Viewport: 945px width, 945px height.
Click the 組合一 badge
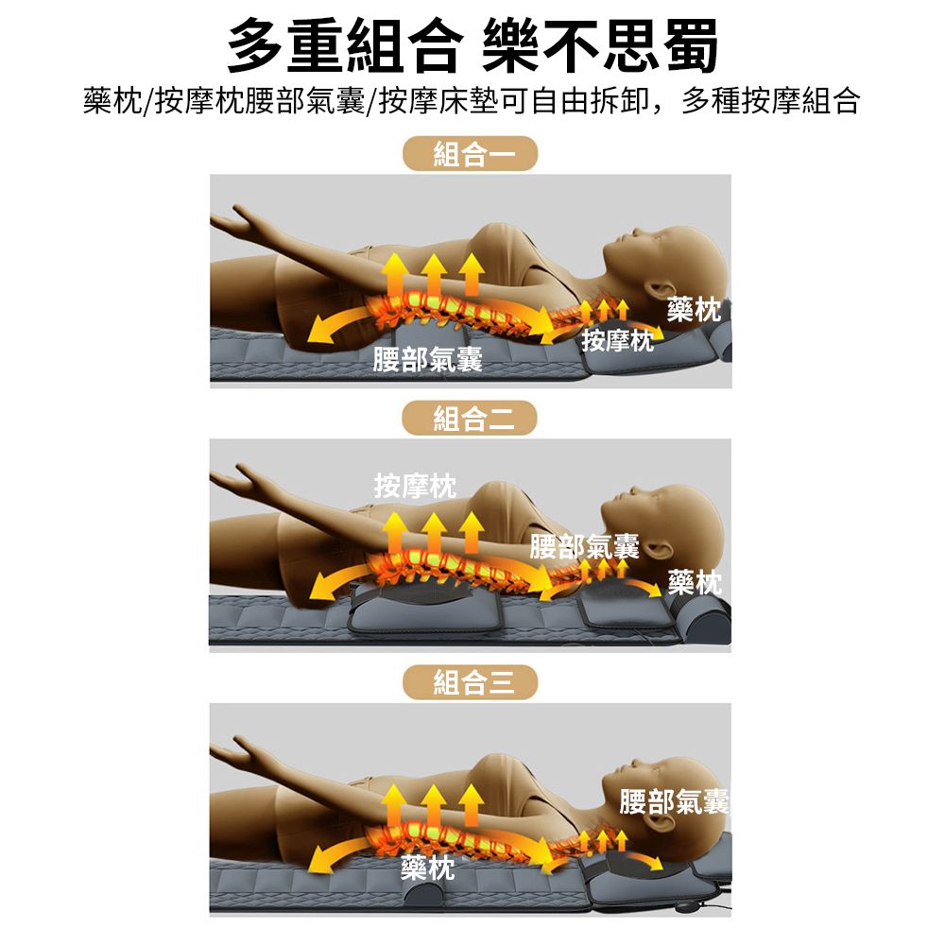[x=470, y=154]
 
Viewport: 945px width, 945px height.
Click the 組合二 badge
[x=470, y=419]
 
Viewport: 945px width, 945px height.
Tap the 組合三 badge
[x=470, y=682]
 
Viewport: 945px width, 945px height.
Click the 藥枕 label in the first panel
[x=694, y=310]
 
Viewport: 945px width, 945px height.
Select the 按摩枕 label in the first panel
[x=617, y=340]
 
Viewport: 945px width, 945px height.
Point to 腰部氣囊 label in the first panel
[x=427, y=359]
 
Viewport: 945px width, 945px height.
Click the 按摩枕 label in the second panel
[x=415, y=486]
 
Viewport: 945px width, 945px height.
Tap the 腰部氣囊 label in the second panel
[x=584, y=546]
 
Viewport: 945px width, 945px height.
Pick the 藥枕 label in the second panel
[x=695, y=582]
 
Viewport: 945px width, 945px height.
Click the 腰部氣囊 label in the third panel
[x=674, y=801]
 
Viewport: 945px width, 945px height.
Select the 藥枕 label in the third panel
[x=428, y=868]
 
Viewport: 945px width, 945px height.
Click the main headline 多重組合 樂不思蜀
[x=472, y=45]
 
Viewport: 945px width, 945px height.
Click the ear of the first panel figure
[x=661, y=288]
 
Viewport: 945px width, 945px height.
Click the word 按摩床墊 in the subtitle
[x=438, y=101]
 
